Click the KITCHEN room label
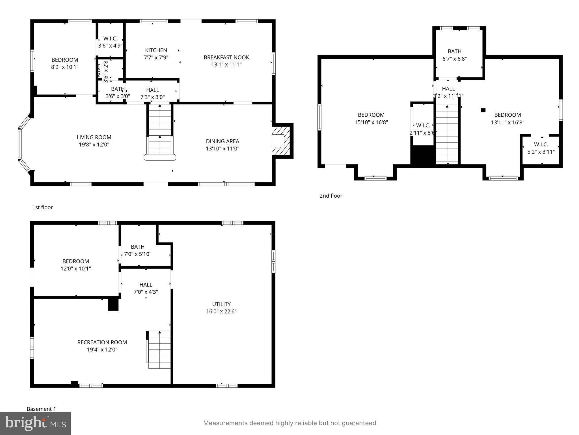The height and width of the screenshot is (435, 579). [x=156, y=50]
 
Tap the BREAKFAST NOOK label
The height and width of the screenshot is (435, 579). [x=226, y=57]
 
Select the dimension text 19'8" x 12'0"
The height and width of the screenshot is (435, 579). [x=94, y=145]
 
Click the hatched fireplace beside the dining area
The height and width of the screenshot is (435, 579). [x=281, y=141]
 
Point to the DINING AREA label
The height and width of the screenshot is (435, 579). [x=222, y=141]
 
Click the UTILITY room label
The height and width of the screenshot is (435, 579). [x=221, y=304]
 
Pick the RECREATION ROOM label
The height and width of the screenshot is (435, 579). [x=102, y=342]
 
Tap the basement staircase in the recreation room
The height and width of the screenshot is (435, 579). [x=159, y=350]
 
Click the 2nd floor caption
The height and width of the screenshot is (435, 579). [x=330, y=196]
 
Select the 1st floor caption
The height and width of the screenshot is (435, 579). [x=42, y=207]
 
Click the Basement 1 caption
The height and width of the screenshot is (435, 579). [x=41, y=409]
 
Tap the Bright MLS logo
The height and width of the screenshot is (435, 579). [x=35, y=423]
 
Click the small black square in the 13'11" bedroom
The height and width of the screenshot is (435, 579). [x=483, y=110]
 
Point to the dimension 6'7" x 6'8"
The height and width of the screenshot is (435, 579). [x=454, y=59]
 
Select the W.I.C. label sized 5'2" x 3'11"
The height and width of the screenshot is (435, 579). [x=541, y=144]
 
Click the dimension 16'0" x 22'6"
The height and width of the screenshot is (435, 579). [x=221, y=312]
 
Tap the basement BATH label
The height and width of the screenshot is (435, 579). [x=138, y=247]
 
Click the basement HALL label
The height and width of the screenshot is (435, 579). [x=146, y=285]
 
